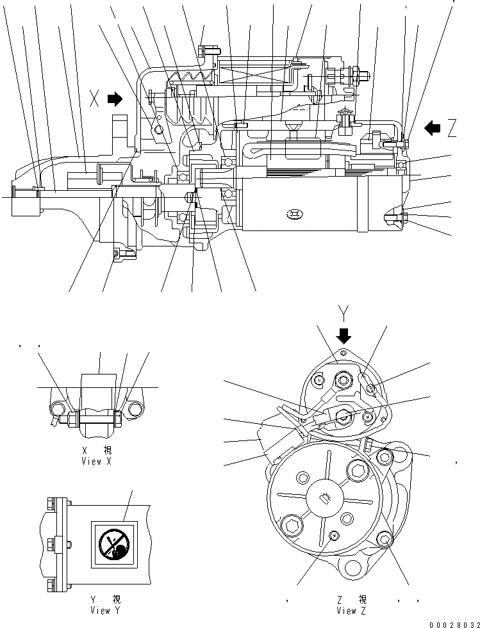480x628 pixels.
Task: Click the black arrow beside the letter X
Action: click(115, 99)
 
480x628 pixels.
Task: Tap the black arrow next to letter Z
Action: click(433, 128)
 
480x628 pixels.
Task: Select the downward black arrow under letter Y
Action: click(345, 335)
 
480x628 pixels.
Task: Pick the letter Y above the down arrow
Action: click(345, 314)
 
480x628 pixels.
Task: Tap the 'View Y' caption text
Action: click(106, 610)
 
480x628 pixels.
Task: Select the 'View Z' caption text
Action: click(352, 610)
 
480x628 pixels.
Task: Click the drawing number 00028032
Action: click(454, 622)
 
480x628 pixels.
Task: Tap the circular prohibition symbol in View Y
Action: click(114, 544)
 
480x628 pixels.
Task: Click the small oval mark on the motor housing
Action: click(294, 213)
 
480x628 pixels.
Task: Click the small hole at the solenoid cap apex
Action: click(343, 352)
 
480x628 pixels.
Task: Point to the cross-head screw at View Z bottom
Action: click(333, 536)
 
